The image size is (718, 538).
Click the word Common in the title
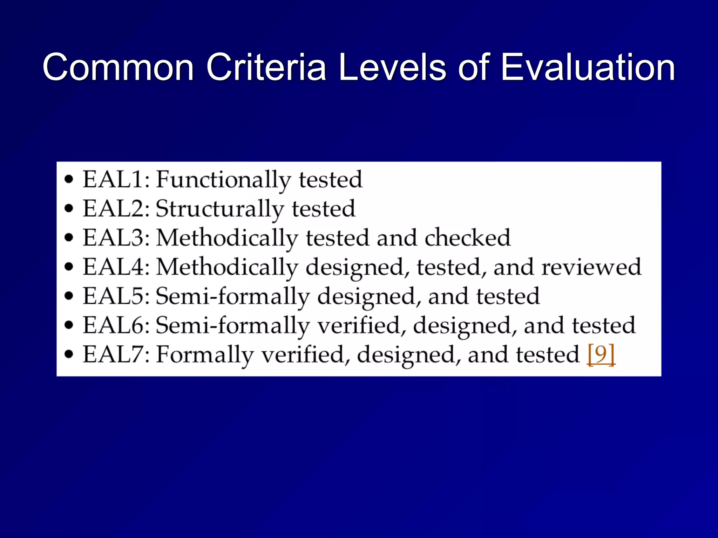click(118, 67)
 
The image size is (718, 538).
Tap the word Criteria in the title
click(266, 67)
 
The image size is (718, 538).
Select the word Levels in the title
click(392, 67)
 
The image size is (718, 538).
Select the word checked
click(468, 238)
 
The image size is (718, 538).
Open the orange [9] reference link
click(601, 355)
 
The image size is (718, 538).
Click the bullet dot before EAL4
click(69, 267)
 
